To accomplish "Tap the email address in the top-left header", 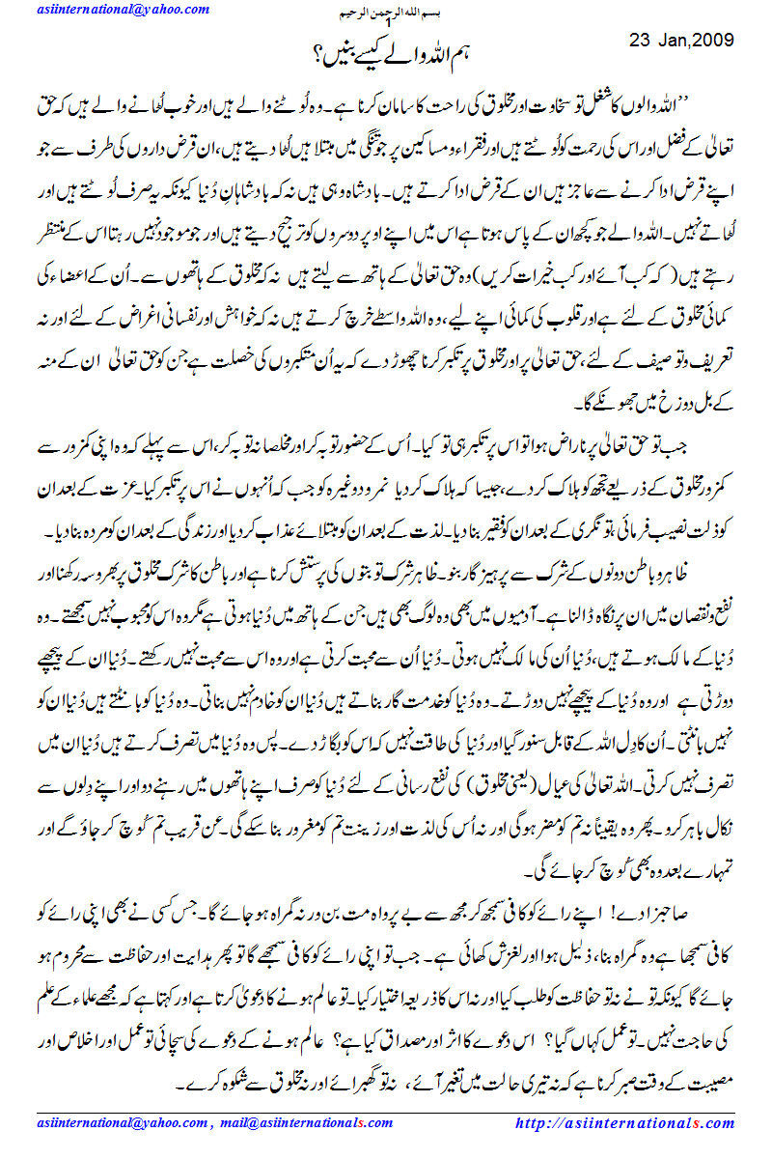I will click(123, 10).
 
